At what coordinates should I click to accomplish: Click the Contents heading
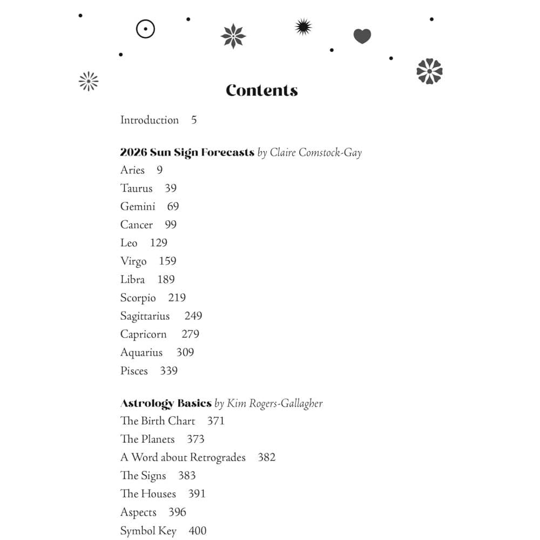(x=262, y=91)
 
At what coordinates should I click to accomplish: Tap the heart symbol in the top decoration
(x=362, y=36)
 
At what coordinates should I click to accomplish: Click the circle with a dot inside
(x=145, y=29)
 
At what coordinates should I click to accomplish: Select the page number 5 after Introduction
(x=194, y=120)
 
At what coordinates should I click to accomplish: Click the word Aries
(x=132, y=170)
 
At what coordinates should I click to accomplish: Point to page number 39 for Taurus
(x=171, y=188)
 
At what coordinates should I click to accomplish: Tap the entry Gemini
(x=138, y=207)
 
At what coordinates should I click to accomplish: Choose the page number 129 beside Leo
(x=159, y=243)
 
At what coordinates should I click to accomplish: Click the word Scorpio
(x=138, y=298)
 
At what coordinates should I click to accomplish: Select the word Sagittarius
(x=145, y=316)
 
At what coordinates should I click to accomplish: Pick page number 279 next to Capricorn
(x=190, y=334)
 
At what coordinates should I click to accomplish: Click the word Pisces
(x=134, y=371)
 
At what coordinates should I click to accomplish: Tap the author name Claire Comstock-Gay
(x=316, y=153)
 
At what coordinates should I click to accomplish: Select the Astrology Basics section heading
(x=166, y=403)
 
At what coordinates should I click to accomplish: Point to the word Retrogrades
(x=216, y=458)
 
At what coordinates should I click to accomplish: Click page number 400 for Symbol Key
(x=198, y=531)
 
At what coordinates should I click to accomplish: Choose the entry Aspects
(x=138, y=512)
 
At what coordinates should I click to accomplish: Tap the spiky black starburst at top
(x=303, y=26)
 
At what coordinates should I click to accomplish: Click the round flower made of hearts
(x=429, y=71)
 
